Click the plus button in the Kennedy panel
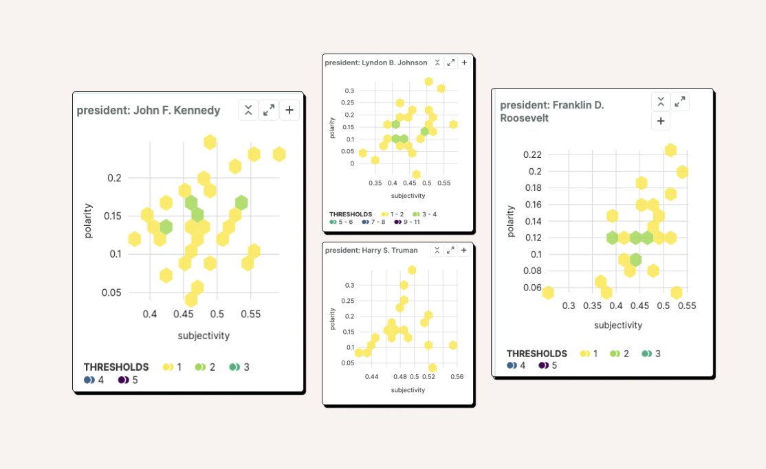pos(289,110)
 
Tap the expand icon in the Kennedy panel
pos(269,110)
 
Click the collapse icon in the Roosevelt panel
pos(661,102)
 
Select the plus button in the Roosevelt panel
pos(661,121)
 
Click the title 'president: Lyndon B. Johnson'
pos(375,62)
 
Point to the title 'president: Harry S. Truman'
pos(371,251)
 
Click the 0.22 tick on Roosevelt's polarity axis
pos(532,155)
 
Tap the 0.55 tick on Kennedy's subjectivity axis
pos(250,314)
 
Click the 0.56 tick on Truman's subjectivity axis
pos(457,377)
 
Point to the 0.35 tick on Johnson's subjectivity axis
pos(375,184)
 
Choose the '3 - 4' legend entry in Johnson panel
pos(424,214)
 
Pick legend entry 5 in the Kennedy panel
pos(129,380)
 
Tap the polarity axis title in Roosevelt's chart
pos(511,221)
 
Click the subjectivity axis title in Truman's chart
pos(408,390)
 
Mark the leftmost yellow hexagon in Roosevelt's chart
pos(547,293)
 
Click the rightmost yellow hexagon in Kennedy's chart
pos(278,155)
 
